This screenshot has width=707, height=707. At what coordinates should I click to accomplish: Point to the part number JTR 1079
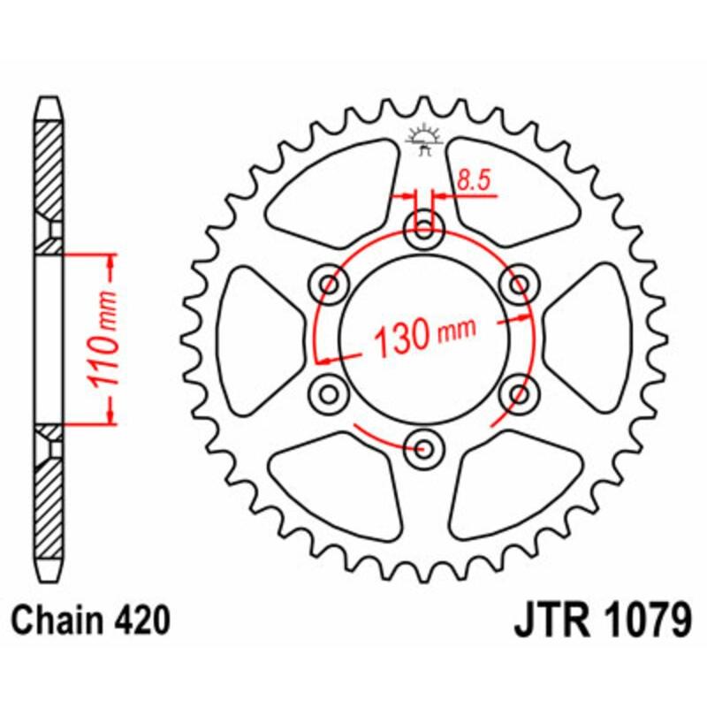[x=602, y=621]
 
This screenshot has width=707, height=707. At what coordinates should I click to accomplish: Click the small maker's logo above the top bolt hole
[x=423, y=138]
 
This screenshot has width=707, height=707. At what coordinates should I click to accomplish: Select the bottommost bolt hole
[x=423, y=447]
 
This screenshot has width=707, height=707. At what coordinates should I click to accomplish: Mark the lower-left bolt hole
[x=331, y=392]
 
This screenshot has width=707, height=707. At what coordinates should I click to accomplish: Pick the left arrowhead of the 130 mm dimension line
[x=325, y=360]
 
